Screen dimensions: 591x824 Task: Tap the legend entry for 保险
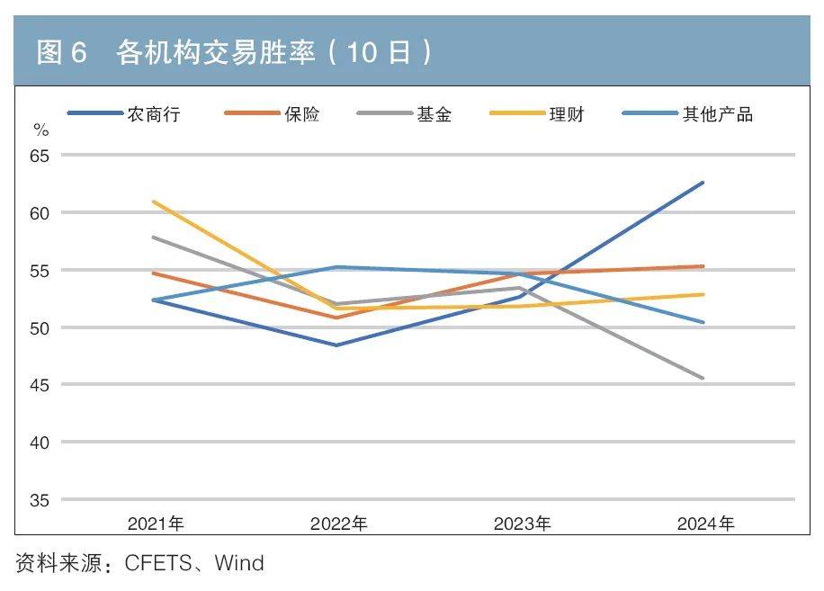click(x=301, y=114)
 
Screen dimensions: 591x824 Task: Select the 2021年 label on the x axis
click(x=156, y=524)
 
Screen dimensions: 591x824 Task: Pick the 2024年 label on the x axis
click(x=704, y=524)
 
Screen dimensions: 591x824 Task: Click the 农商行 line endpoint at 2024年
click(x=703, y=183)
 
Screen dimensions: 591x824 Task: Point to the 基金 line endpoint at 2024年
click(x=703, y=378)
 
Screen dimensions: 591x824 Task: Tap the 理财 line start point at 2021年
click(x=154, y=201)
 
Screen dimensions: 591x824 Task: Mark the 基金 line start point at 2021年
click(x=154, y=237)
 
